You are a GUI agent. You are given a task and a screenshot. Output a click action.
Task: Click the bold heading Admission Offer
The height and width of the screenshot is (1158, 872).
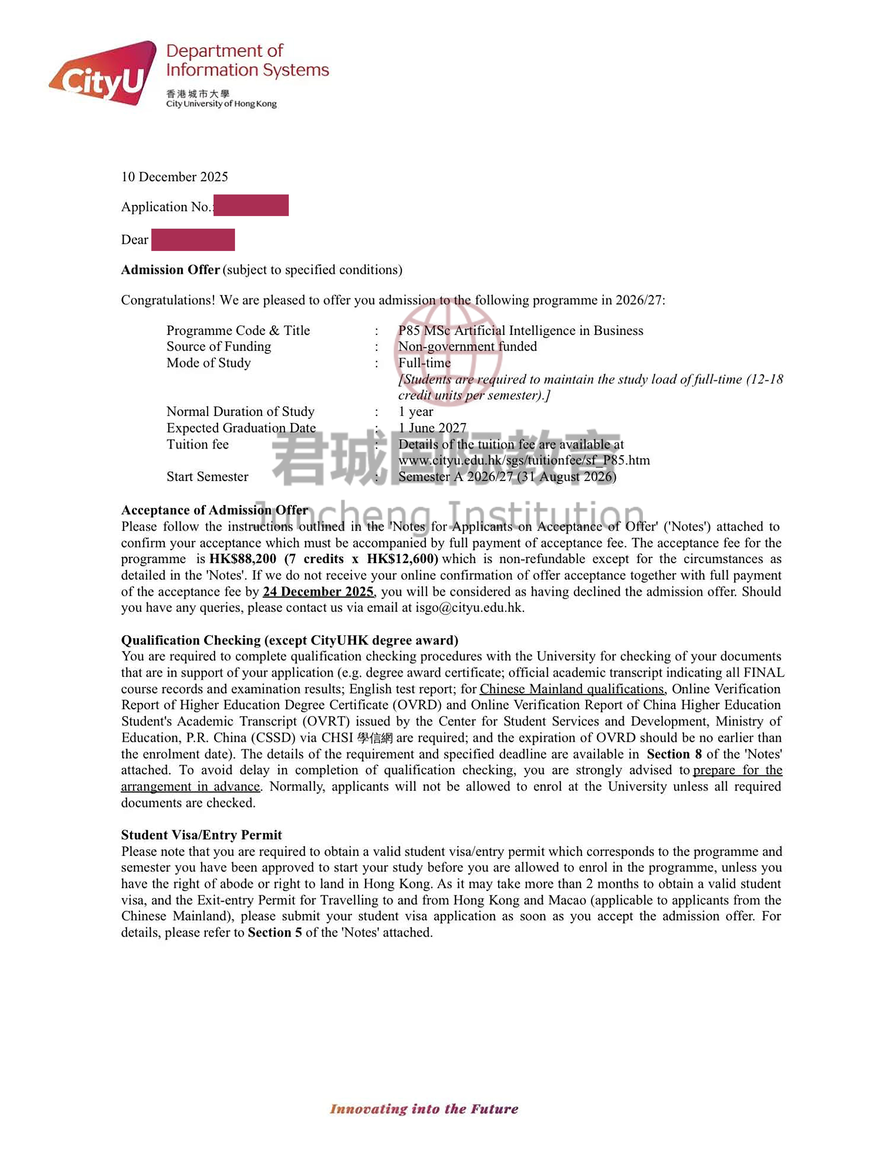pyautogui.click(x=170, y=270)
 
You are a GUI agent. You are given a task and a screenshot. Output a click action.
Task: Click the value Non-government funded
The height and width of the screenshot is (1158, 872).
pyautogui.click(x=467, y=346)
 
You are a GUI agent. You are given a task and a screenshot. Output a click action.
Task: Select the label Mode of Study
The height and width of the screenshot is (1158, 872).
pyautogui.click(x=208, y=363)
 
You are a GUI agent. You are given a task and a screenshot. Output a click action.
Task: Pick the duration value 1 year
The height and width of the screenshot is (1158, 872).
pyautogui.click(x=415, y=412)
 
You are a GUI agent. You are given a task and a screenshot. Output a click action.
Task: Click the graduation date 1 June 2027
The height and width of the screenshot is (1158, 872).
pyautogui.click(x=432, y=428)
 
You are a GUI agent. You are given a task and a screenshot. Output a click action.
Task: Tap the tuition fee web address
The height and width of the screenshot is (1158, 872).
pyautogui.click(x=524, y=460)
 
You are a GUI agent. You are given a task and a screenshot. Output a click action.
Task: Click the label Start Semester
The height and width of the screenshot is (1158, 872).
pyautogui.click(x=207, y=476)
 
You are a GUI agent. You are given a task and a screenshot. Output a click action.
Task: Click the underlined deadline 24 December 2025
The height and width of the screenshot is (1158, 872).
pyautogui.click(x=318, y=592)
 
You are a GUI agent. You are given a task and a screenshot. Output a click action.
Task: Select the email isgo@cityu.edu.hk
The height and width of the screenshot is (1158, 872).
pyautogui.click(x=469, y=608)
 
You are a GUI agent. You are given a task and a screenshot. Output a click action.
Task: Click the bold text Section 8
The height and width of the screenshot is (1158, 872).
pyautogui.click(x=674, y=754)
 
